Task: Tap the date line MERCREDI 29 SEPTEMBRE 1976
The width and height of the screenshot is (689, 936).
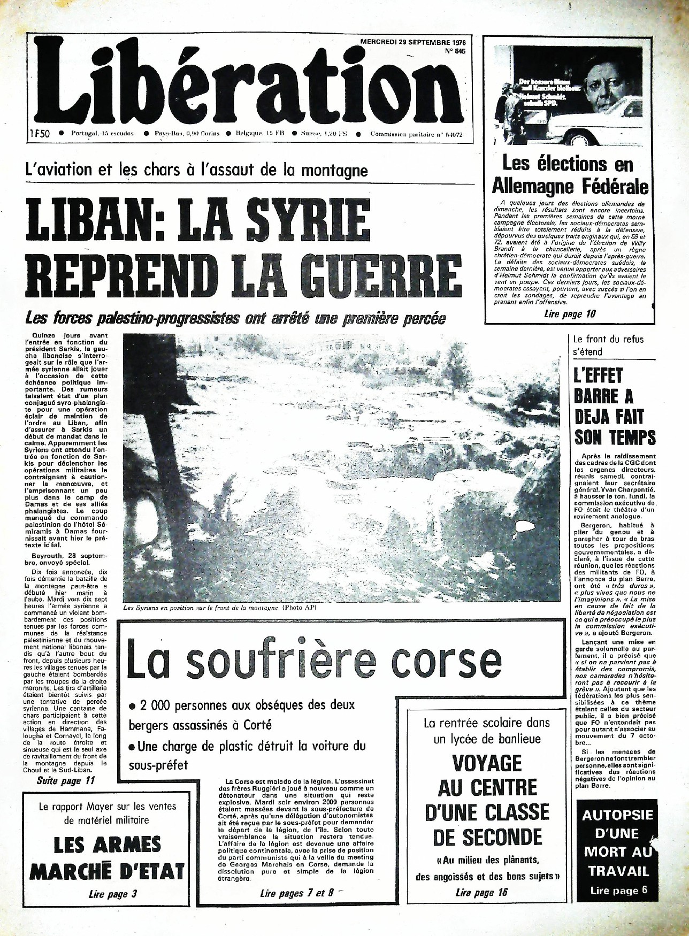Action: click(412, 41)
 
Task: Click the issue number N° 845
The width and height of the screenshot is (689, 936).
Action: click(455, 51)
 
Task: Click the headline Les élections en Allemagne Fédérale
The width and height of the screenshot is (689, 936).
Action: click(569, 175)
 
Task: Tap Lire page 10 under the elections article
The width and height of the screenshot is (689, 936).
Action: click(569, 314)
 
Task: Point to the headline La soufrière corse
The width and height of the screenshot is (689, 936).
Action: click(313, 663)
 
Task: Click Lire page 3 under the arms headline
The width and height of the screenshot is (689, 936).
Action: click(109, 894)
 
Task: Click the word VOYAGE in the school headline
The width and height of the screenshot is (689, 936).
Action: click(487, 762)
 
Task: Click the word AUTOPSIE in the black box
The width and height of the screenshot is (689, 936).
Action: click(617, 815)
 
